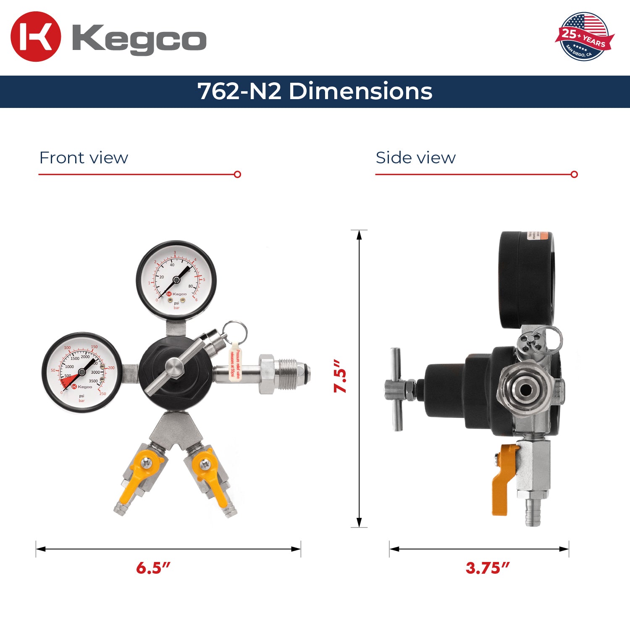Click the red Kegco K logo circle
(36, 37)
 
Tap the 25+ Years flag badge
(584, 37)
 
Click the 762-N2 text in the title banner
(239, 91)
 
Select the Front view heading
(84, 158)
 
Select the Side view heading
(415, 158)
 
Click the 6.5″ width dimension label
(153, 568)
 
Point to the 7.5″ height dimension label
(340, 376)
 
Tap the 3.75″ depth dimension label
(487, 568)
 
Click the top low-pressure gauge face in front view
(176, 280)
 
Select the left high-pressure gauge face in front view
(82, 372)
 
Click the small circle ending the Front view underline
(237, 174)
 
